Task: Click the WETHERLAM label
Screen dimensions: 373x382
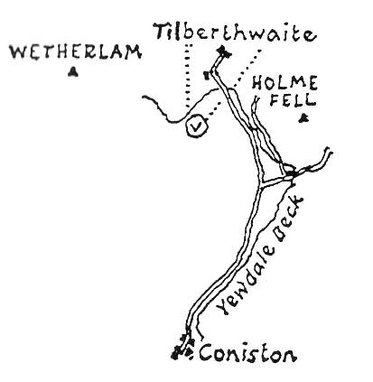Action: point(75,52)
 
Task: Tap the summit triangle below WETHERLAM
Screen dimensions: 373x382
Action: point(72,72)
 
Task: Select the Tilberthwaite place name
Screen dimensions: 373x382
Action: point(236,33)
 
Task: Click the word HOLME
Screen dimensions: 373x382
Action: point(284,83)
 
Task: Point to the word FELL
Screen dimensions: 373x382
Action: point(293,99)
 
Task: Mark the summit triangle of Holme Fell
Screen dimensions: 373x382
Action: point(303,118)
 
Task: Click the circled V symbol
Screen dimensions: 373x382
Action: point(197,126)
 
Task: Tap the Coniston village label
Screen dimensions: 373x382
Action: point(247,352)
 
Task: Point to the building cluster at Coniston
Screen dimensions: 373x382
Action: point(183,348)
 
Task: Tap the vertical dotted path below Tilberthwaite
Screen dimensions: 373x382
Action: point(188,77)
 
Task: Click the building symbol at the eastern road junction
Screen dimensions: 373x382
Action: point(292,173)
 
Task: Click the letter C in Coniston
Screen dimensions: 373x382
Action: point(207,352)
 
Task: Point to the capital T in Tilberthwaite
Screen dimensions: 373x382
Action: point(163,33)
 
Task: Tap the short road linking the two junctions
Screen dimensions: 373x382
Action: point(276,182)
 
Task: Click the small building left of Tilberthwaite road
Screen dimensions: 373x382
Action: point(207,75)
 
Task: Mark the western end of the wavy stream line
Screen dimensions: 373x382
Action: point(144,97)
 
